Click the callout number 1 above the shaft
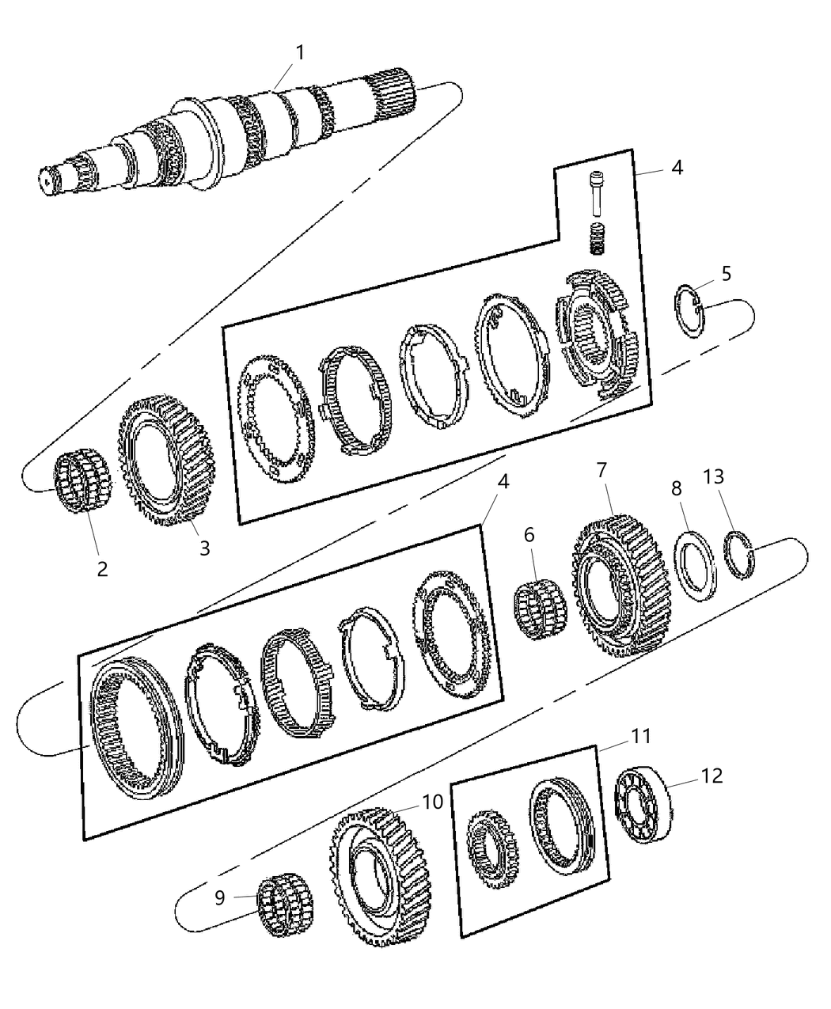pyautogui.click(x=300, y=52)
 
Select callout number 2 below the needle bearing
pyautogui.click(x=102, y=568)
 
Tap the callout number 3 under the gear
pyautogui.click(x=204, y=548)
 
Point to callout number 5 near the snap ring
pyautogui.click(x=726, y=274)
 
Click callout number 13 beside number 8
pyautogui.click(x=713, y=477)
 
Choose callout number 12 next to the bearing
pyautogui.click(x=711, y=776)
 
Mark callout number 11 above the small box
pyautogui.click(x=640, y=736)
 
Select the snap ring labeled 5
pyautogui.click(x=689, y=311)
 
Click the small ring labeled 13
pyautogui.click(x=741, y=555)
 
